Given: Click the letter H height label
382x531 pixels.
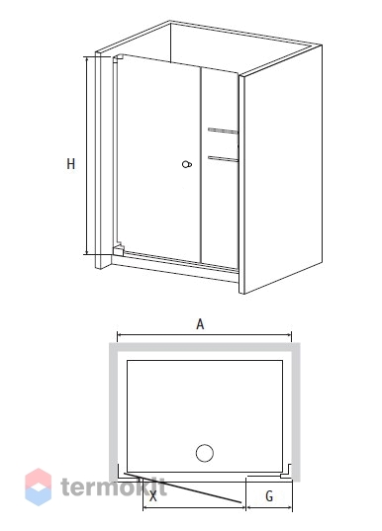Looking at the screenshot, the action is tap(70, 164).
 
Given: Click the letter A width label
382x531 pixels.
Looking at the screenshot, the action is tap(200, 324).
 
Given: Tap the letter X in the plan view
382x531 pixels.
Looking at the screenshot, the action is tap(153, 496).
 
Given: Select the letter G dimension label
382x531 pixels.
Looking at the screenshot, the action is tap(269, 496).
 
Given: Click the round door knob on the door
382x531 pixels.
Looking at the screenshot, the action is tap(187, 164).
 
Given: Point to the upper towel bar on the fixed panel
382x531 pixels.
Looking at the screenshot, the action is tap(223, 131).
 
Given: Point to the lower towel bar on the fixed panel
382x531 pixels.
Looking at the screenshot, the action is tap(223, 158).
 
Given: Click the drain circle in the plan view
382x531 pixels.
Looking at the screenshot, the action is tap(205, 453).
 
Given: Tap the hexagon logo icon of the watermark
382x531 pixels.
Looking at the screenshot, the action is tap(39, 487).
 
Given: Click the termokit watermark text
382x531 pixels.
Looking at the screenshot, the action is tap(114, 487).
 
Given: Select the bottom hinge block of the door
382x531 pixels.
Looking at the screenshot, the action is tap(118, 249).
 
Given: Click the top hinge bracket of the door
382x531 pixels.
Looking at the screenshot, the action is tap(116, 58).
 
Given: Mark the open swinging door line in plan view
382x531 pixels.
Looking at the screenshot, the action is tap(183, 487).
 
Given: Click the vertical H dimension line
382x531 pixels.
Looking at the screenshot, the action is tap(87, 155).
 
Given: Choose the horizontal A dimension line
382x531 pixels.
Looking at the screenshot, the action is tap(204, 335).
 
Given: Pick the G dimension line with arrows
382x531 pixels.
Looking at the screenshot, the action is tap(269, 507).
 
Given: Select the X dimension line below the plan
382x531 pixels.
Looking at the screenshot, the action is tap(194, 507).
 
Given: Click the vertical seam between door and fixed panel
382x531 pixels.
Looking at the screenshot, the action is tap(201, 164).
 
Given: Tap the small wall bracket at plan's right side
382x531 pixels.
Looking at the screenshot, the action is tap(287, 472).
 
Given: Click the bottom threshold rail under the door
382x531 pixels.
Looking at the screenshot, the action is tap(175, 268).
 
